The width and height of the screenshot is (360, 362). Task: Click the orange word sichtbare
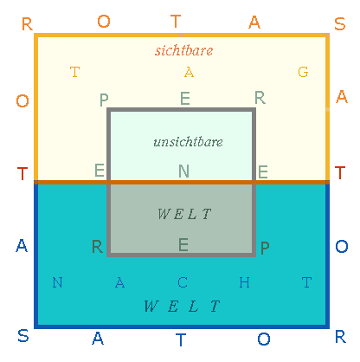click(x=184, y=50)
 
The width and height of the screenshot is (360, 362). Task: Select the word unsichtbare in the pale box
click(x=188, y=142)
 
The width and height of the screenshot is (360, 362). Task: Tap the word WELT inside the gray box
click(x=184, y=214)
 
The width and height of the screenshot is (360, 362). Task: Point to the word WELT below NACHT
click(x=182, y=306)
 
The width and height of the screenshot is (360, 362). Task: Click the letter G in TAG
click(x=303, y=72)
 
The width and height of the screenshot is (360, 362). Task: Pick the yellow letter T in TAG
click(x=75, y=72)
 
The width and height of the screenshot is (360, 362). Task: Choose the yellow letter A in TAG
click(x=189, y=72)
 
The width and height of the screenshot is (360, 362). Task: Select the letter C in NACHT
click(x=183, y=282)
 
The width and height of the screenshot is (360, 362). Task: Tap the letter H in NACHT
click(x=244, y=282)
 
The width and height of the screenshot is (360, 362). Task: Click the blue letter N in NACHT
click(x=57, y=282)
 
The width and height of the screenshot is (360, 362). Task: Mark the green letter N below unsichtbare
click(x=183, y=171)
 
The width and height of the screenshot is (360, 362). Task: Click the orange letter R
click(x=27, y=24)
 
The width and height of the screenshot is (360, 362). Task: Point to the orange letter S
click(x=340, y=24)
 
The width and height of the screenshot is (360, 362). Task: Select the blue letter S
click(x=23, y=336)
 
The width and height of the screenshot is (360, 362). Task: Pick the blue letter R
click(x=340, y=337)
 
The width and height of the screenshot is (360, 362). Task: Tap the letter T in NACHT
click(x=306, y=282)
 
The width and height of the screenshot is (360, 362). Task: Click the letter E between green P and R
click(x=185, y=99)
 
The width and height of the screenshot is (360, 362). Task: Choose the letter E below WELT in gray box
click(x=183, y=245)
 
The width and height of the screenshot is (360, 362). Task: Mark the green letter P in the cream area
click(x=104, y=100)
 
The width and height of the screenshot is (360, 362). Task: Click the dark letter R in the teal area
click(x=97, y=247)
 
